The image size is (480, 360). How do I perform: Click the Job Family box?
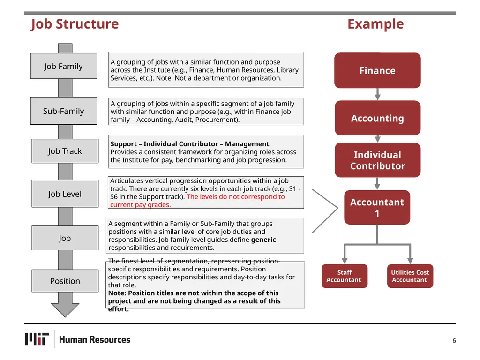pyautogui.click(x=64, y=66)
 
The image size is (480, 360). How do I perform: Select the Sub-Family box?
pyautogui.click(x=64, y=111)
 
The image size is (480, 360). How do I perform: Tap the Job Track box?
pyautogui.click(x=65, y=151)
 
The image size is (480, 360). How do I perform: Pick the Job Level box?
pyautogui.click(x=65, y=194)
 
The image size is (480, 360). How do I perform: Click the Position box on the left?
pyautogui.click(x=65, y=281)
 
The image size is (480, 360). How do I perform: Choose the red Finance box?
pyautogui.click(x=377, y=70)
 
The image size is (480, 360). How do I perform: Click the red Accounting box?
pyautogui.click(x=377, y=118)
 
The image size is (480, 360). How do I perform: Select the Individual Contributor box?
pyautogui.click(x=377, y=160)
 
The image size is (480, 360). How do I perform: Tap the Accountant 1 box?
pyautogui.click(x=377, y=207)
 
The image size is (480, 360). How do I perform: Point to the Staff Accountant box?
pyautogui.click(x=345, y=276)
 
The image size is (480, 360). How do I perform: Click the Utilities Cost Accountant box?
pyautogui.click(x=410, y=276)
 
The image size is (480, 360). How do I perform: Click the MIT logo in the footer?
pyautogui.click(x=37, y=339)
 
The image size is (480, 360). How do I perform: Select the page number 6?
pyautogui.click(x=454, y=340)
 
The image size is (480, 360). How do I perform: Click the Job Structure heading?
pyautogui.click(x=75, y=24)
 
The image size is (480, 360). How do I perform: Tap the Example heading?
pyautogui.click(x=375, y=24)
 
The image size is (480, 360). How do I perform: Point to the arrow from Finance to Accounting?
pyautogui.click(x=377, y=94)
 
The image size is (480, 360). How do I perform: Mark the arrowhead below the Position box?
pyautogui.click(x=65, y=310)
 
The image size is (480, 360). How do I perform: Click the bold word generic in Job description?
pyautogui.click(x=263, y=240)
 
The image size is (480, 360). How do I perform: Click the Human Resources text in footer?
pyautogui.click(x=95, y=339)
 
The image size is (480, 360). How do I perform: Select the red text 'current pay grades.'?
pyautogui.click(x=141, y=205)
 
